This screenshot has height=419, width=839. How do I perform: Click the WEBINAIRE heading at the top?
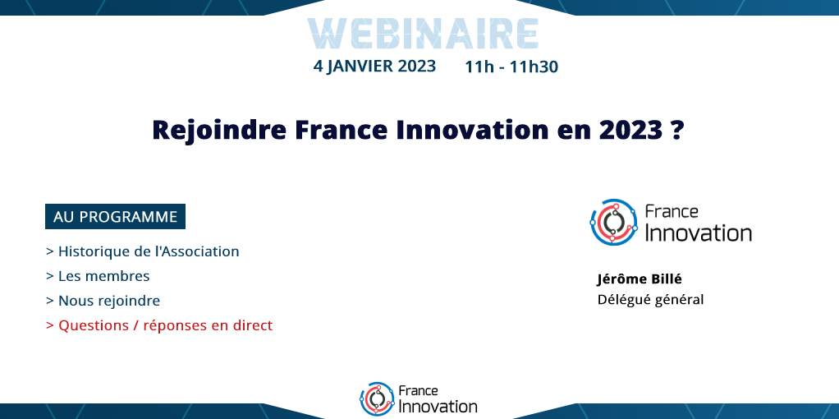click(x=423, y=34)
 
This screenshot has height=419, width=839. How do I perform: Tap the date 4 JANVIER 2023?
click(x=374, y=66)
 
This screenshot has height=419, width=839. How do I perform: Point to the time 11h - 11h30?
click(x=511, y=67)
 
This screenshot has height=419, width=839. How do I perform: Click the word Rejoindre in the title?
click(x=219, y=130)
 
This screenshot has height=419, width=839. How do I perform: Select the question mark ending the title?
click(x=677, y=130)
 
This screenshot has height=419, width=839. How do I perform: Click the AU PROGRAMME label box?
click(x=115, y=216)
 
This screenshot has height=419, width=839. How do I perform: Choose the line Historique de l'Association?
click(x=142, y=251)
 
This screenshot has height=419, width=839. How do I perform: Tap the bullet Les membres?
click(x=98, y=276)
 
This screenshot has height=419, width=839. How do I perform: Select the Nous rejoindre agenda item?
click(x=103, y=301)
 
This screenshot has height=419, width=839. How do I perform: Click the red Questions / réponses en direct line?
click(x=159, y=325)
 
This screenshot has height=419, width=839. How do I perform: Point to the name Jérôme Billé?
click(x=640, y=279)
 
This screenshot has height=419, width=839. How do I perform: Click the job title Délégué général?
click(x=650, y=300)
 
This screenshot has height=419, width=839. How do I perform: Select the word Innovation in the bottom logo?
click(x=438, y=406)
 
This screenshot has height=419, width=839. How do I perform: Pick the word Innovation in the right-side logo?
click(x=699, y=233)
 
